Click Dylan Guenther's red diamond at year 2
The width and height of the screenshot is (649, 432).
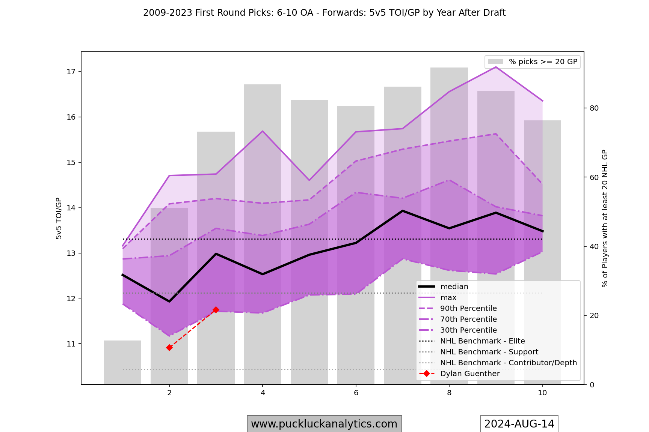pos(169,348)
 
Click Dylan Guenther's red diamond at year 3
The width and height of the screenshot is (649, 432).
pos(216,310)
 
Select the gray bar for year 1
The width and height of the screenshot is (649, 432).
pos(122,362)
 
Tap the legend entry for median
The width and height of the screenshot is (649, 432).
pos(454,287)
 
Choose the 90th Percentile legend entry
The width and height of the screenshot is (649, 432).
pos(468,309)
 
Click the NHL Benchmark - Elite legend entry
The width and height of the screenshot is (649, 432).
pos(482,341)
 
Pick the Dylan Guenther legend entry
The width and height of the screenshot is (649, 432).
pos(469,374)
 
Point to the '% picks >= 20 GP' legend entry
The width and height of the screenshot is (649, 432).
pos(542,62)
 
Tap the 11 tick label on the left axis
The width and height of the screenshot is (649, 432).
pos(71,344)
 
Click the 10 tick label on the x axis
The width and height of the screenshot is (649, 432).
pos(542,393)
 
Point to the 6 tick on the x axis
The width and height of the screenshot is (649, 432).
pos(356,393)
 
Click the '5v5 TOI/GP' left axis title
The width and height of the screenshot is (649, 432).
pos(59,218)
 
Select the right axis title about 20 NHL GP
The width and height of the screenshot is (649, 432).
pos(605,218)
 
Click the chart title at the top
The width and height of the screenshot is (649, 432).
pos(324,13)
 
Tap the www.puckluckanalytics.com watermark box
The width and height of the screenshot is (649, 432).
pos(324,424)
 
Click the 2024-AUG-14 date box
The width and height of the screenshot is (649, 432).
pos(519,424)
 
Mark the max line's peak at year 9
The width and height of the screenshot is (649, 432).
pos(496,67)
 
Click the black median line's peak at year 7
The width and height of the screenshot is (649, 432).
pos(403,211)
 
